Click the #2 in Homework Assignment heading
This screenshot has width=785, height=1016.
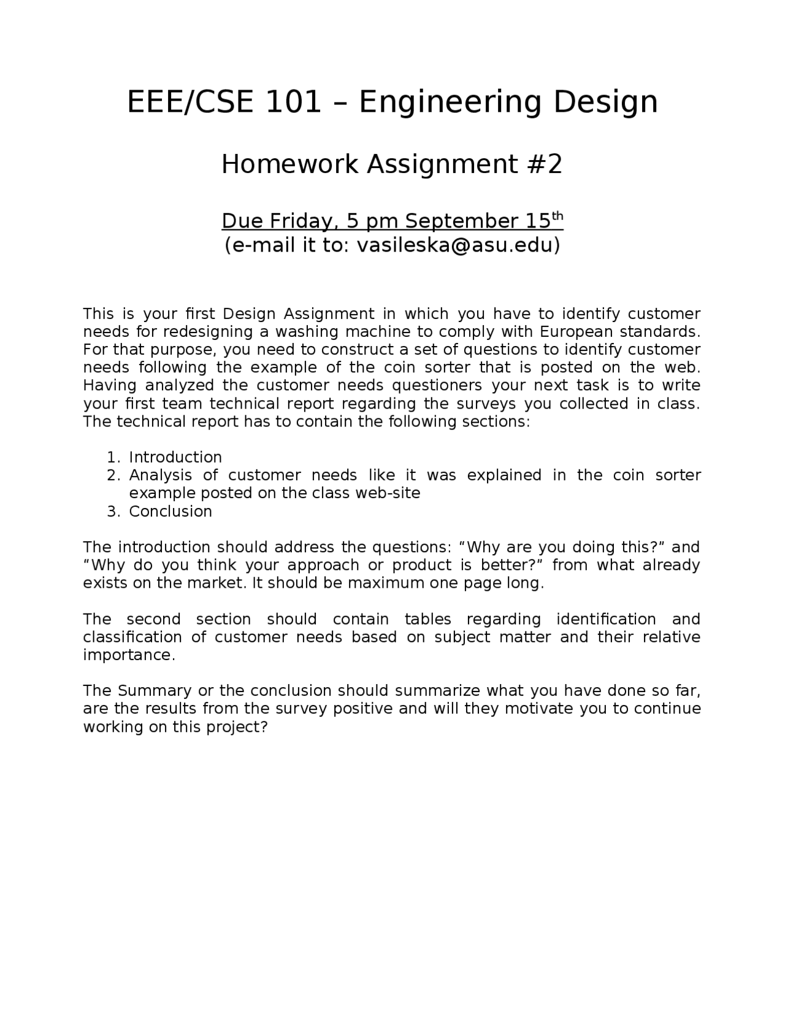coord(544,164)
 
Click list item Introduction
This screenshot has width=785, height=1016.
coord(175,457)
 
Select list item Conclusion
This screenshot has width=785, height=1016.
coord(170,511)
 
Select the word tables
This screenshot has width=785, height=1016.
coord(428,619)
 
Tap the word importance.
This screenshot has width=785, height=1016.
coord(129,655)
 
